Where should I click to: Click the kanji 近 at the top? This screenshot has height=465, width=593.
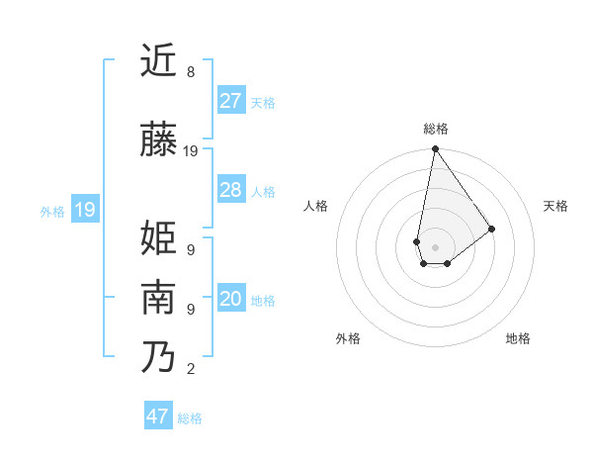pos(158,61)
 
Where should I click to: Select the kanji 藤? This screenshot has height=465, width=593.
pos(158,140)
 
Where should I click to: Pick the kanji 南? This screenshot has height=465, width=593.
pos(158,298)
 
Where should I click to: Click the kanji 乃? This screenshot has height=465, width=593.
pos(158,356)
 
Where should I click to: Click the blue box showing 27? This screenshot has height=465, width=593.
pos(231,100)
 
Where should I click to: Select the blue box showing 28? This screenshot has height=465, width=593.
pos(231,190)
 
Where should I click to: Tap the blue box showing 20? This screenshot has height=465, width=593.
pos(231,299)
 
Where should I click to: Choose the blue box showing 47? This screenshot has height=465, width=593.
pos(158,416)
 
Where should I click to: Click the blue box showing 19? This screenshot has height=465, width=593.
pos(84,209)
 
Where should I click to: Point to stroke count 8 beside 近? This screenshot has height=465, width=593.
pos(191,72)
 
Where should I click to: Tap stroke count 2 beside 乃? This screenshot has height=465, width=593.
pos(191,369)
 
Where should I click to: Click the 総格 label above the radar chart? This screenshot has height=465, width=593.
pos(435,130)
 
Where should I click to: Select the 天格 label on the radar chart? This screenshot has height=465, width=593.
pos(555,206)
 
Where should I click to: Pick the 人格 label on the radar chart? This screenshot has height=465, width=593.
pos(316,206)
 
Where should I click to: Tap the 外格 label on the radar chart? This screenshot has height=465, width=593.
pos(348,338)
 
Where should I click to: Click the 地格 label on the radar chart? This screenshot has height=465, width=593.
pos(518,338)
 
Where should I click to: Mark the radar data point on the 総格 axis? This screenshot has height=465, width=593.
pos(435,150)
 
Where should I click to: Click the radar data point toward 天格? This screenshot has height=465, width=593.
pos(492,229)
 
